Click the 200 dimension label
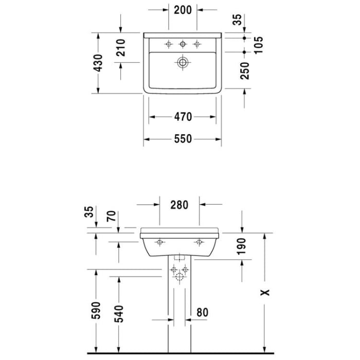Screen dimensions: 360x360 coord(183,10)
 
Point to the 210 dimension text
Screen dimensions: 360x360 coord(121,47)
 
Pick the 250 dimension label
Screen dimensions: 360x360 coord(245,70)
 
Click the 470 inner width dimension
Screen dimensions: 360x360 coord(183,117)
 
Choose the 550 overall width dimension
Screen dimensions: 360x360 coord(183,139)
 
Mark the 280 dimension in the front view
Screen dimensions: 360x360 coord(179,204)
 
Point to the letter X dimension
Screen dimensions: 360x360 coord(264,292)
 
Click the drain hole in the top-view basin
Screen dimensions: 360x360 coord(183,63)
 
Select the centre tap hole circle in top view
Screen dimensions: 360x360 coord(183,45)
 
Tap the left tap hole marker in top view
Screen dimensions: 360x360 coord(168,45)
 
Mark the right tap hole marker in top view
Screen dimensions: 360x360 coord(196,45)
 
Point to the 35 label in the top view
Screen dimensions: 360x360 coord(237,20)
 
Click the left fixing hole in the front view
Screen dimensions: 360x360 coord(160,242)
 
